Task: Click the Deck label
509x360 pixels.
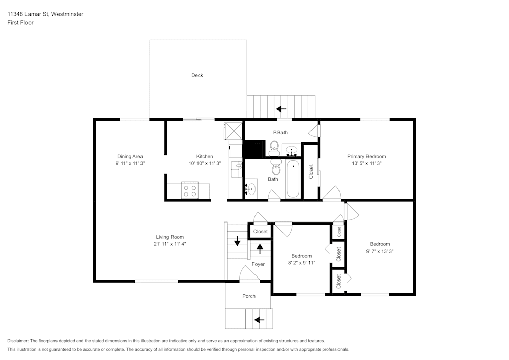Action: point(197,75)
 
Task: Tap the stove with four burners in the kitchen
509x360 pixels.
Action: point(190,190)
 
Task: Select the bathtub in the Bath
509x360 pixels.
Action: point(293,179)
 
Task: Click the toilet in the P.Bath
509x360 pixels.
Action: point(274,148)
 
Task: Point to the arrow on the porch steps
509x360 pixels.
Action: point(259,320)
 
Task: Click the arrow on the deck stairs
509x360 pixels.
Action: point(281,109)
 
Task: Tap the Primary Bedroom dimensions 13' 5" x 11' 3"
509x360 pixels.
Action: point(366,163)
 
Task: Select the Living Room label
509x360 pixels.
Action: point(170,237)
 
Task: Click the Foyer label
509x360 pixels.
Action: point(258,264)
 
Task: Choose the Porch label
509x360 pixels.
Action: point(249,296)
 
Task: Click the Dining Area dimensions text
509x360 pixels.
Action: point(130,163)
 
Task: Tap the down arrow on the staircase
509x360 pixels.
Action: point(237,241)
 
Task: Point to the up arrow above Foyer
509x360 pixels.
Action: point(260,248)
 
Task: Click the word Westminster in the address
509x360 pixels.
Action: point(67,14)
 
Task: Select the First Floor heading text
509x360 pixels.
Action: point(20,23)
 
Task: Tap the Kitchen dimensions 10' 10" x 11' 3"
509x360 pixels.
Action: point(205,163)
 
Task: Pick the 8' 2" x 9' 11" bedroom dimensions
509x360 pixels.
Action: point(301,263)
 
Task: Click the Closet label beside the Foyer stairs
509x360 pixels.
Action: point(260,232)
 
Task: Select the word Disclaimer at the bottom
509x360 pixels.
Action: point(18,341)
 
